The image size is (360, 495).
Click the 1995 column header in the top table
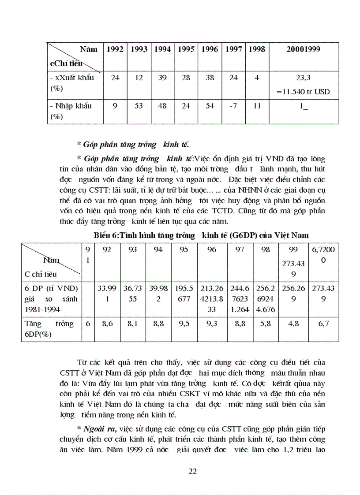[x=186, y=49]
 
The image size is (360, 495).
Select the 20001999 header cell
[x=303, y=49]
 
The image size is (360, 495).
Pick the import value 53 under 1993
[x=139, y=106]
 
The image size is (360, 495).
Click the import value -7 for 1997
[x=233, y=106]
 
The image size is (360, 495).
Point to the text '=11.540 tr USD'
[x=303, y=92]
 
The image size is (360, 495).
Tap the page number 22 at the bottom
[x=192, y=471]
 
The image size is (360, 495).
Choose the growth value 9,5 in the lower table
[x=184, y=324]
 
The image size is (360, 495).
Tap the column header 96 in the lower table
[x=211, y=249]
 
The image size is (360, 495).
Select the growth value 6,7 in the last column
[x=323, y=324]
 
